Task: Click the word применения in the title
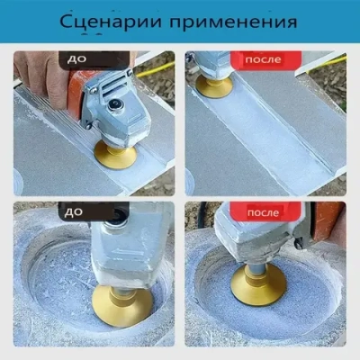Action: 230,21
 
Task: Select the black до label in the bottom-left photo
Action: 74,212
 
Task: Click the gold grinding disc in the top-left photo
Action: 114,153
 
